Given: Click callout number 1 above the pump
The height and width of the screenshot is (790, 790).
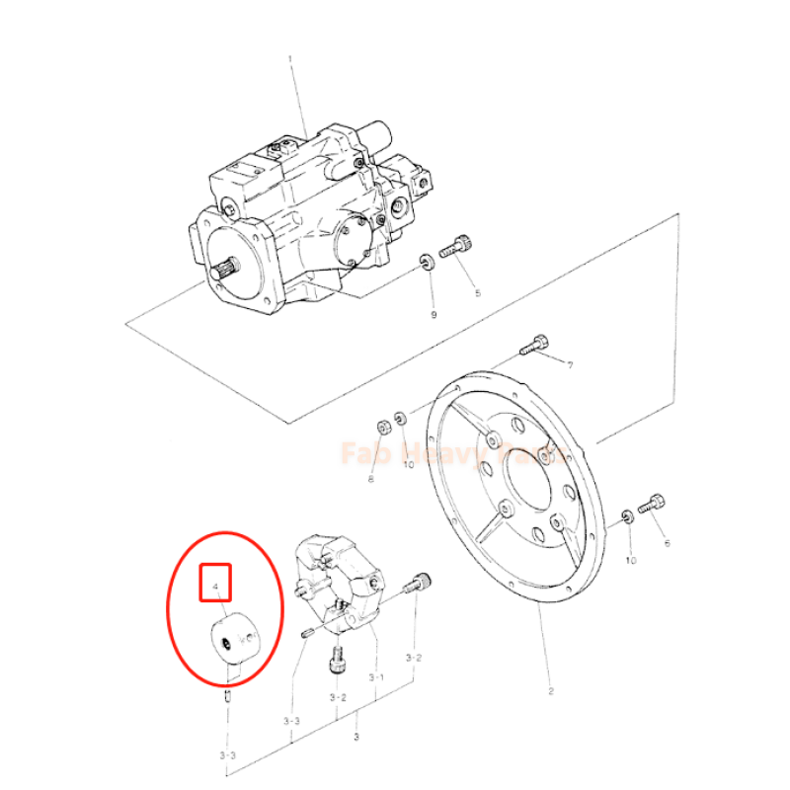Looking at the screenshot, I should pyautogui.click(x=290, y=59).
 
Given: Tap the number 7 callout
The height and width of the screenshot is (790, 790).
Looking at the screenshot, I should pyautogui.click(x=570, y=365).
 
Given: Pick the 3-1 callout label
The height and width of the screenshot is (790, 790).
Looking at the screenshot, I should pyautogui.click(x=376, y=677).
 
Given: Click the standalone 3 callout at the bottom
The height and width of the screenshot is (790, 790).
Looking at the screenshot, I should pyautogui.click(x=355, y=737).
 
